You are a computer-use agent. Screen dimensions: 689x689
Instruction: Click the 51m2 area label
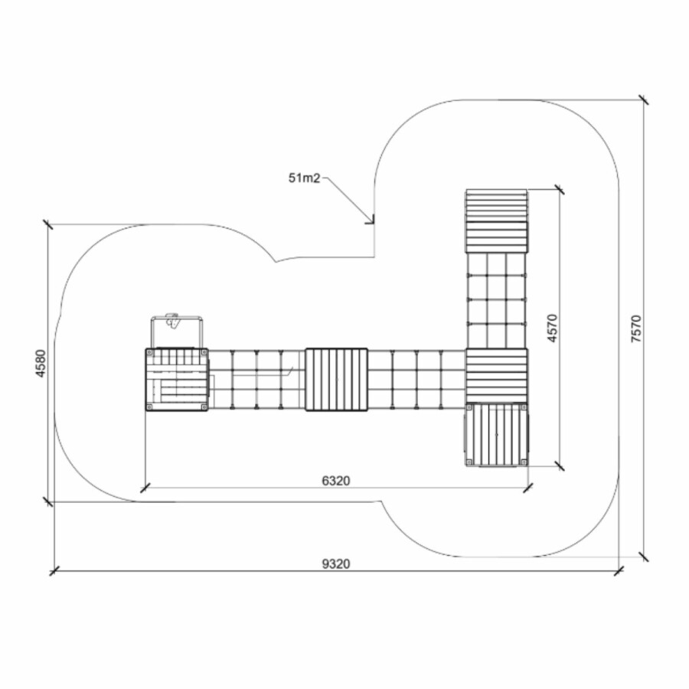pyautogui.click(x=305, y=178)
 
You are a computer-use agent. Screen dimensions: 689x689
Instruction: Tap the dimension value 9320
pyautogui.click(x=336, y=563)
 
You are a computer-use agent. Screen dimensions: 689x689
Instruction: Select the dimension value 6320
pyautogui.click(x=336, y=481)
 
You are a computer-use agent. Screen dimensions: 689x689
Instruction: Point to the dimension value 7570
pyautogui.click(x=636, y=328)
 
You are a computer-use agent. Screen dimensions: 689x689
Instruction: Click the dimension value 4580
pyautogui.click(x=41, y=363)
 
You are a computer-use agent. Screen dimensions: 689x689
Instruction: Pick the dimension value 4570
pyautogui.click(x=552, y=328)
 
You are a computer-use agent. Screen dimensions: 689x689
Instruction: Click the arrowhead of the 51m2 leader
pyautogui.click(x=371, y=221)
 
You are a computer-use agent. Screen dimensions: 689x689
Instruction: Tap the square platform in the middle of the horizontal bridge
pyautogui.click(x=337, y=380)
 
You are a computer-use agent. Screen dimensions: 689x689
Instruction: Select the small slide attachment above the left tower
pyautogui.click(x=177, y=331)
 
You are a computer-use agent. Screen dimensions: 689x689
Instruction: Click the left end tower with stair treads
pyautogui.click(x=177, y=380)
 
